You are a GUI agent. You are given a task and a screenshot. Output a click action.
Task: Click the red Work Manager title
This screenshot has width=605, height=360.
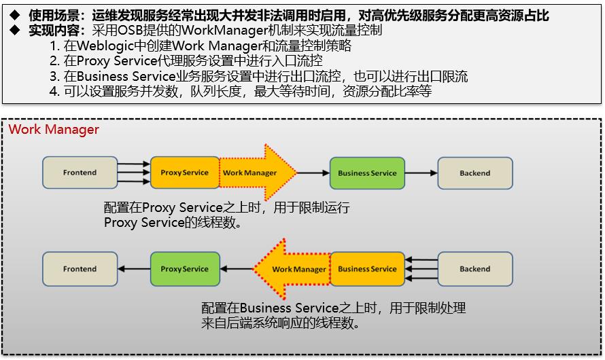click(x=54, y=129)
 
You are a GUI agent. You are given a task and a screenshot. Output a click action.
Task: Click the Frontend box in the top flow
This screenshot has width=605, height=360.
click(x=80, y=173)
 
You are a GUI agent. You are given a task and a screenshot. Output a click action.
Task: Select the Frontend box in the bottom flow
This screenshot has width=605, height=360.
click(x=80, y=269)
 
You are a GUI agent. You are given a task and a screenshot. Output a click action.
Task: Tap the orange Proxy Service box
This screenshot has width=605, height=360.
click(x=184, y=173)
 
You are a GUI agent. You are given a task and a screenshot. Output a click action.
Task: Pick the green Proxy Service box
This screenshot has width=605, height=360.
click(x=184, y=269)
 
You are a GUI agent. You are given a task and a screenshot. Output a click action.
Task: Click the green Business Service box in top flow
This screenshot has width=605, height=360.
click(x=367, y=173)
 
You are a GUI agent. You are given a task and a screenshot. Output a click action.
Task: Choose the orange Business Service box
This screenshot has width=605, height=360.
click(x=367, y=269)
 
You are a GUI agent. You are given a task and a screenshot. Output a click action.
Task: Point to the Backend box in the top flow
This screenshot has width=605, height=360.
click(x=474, y=173)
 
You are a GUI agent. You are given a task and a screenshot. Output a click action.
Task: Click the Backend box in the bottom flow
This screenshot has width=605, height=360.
click(x=474, y=269)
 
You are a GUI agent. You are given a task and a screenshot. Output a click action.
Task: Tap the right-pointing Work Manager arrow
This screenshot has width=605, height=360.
click(x=255, y=173)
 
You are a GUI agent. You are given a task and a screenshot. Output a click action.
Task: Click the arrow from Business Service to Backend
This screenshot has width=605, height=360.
click(x=421, y=173)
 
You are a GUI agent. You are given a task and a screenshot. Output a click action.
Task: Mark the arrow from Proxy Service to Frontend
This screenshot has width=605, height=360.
click(x=133, y=269)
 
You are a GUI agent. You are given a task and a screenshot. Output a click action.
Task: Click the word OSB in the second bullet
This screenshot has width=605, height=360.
click(x=135, y=31)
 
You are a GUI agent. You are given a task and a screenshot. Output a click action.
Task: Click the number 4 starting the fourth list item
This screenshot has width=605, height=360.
click(x=54, y=91)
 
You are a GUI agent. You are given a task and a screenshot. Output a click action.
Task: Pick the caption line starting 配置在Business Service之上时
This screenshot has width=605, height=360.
click(x=334, y=308)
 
